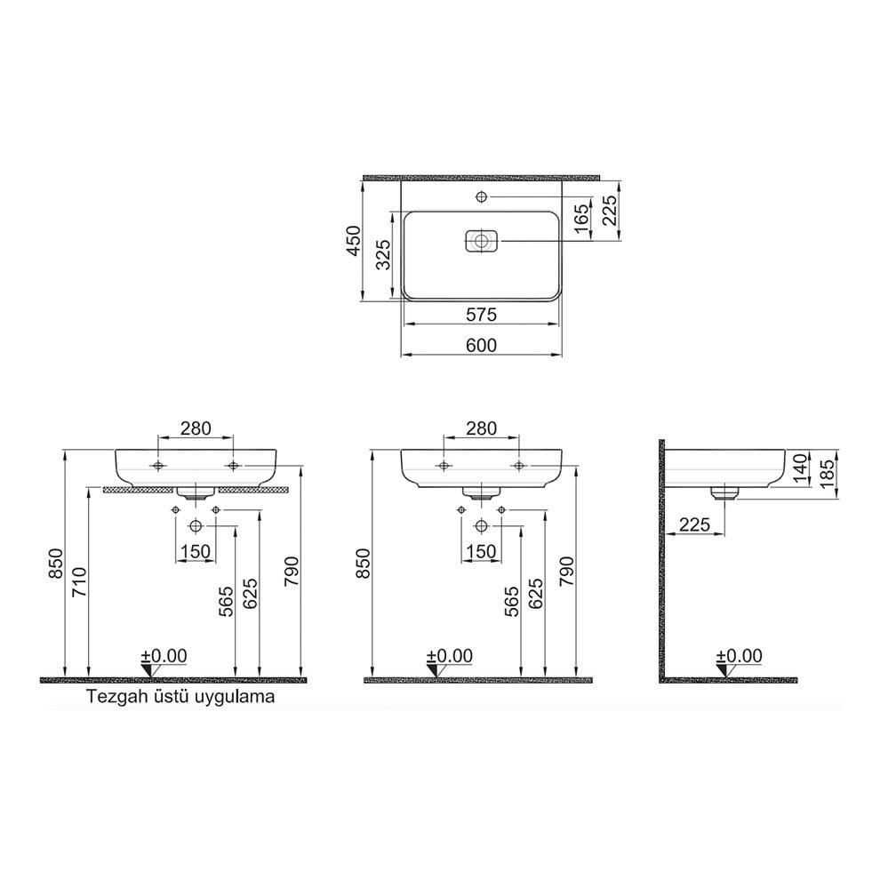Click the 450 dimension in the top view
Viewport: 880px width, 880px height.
tap(352, 240)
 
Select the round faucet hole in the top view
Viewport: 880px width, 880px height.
tap(482, 196)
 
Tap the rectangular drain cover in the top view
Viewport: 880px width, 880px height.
tap(482, 240)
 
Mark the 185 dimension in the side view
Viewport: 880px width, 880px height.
tap(828, 471)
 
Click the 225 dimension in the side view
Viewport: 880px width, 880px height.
tap(694, 524)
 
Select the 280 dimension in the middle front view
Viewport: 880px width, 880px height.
tap(481, 428)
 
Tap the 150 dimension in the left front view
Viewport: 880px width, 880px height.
tap(196, 552)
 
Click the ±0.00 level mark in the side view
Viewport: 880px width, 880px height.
tap(739, 656)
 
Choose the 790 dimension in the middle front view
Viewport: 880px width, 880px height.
tap(567, 573)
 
